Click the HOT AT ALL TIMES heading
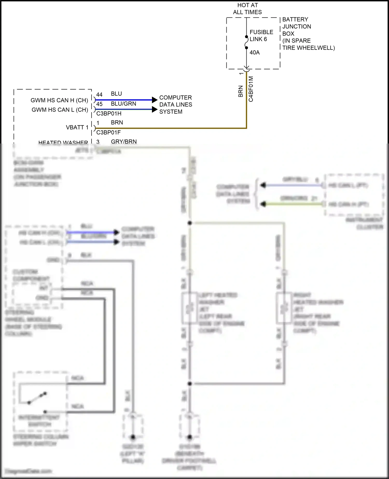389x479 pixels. (247, 9)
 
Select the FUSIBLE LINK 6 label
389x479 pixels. (261, 36)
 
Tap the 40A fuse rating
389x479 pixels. (254, 53)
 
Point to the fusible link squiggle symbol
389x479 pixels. (246, 42)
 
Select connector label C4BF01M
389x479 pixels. (251, 89)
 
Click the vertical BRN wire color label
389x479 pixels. (240, 91)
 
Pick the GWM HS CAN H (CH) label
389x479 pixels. (59, 100)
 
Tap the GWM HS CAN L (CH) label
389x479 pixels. (60, 110)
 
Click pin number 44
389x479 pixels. (99, 94)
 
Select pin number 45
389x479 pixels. (99, 104)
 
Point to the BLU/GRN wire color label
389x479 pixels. (123, 104)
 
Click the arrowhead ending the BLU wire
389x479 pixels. (155, 100)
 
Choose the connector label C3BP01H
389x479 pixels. (109, 114)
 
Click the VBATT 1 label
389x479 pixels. (77, 127)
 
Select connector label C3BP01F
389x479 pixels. (108, 133)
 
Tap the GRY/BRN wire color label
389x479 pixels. (124, 141)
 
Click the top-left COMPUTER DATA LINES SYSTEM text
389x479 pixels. (175, 105)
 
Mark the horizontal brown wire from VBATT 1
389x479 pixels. (169, 128)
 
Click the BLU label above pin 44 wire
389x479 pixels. (116, 94)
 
